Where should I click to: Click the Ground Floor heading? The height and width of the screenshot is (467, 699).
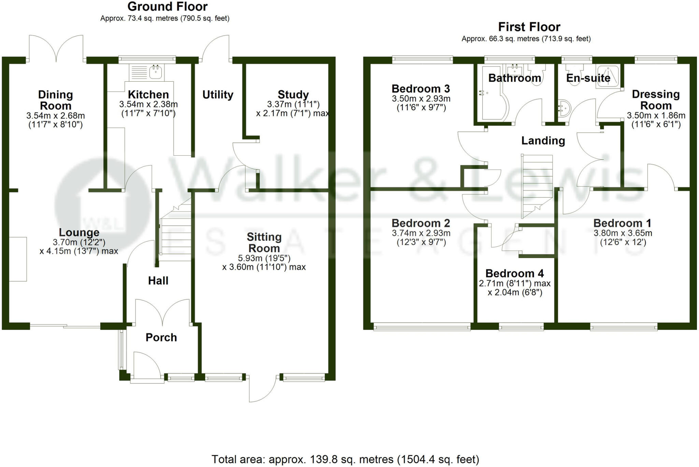coord(167,6)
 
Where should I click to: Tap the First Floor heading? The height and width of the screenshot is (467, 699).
coord(529,27)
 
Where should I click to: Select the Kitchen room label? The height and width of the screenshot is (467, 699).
coord(148,94)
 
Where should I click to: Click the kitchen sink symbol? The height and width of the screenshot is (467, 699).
coord(155,72)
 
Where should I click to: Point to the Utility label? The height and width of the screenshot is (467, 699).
coord(218,95)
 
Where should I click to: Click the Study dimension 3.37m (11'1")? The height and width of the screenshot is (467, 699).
coord(293,104)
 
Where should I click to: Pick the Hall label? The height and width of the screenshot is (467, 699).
coord(158,281)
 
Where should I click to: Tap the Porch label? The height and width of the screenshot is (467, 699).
coord(161,337)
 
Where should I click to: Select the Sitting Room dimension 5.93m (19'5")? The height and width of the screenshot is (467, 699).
coord(264,258)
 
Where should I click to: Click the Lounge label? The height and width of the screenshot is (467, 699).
coord(79,232)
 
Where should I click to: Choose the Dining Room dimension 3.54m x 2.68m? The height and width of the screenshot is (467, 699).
coord(56,116)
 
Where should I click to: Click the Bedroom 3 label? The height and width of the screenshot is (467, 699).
coord(420,89)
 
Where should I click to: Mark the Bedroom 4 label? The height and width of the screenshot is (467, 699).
coord(514,273)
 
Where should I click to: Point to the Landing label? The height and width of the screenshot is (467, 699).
coord(543,141)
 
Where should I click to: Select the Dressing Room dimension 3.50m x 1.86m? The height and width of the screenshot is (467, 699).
coord(656,116)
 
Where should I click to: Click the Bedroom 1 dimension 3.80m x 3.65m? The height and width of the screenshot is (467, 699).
coord(623,233)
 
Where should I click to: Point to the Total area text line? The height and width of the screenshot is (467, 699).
coord(345,459)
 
